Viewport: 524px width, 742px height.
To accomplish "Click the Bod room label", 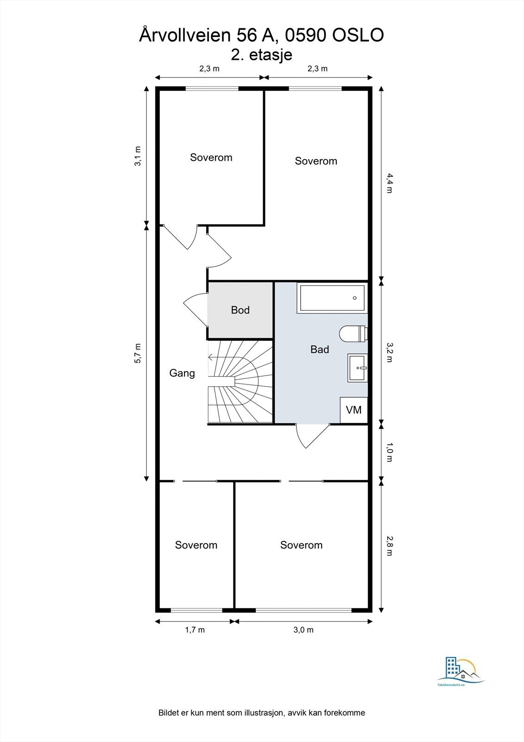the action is coord(240,310).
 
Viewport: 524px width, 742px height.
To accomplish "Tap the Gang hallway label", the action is coord(182,373).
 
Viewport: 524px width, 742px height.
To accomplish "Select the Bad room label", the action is coord(319,350).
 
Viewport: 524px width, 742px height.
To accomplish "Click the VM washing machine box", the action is coord(354,410).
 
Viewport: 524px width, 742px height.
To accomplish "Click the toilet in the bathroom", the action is coord(354,333).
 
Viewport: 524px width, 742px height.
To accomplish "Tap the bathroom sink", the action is coord(358,368).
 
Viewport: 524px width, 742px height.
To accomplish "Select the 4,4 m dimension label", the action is coord(389,183).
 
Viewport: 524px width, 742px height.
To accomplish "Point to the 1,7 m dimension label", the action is coord(195,630).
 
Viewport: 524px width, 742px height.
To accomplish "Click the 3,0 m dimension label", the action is coord(303,630).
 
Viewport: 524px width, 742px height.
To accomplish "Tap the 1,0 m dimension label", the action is coord(389,452).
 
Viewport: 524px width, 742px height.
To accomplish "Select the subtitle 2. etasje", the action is coord(261,55).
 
